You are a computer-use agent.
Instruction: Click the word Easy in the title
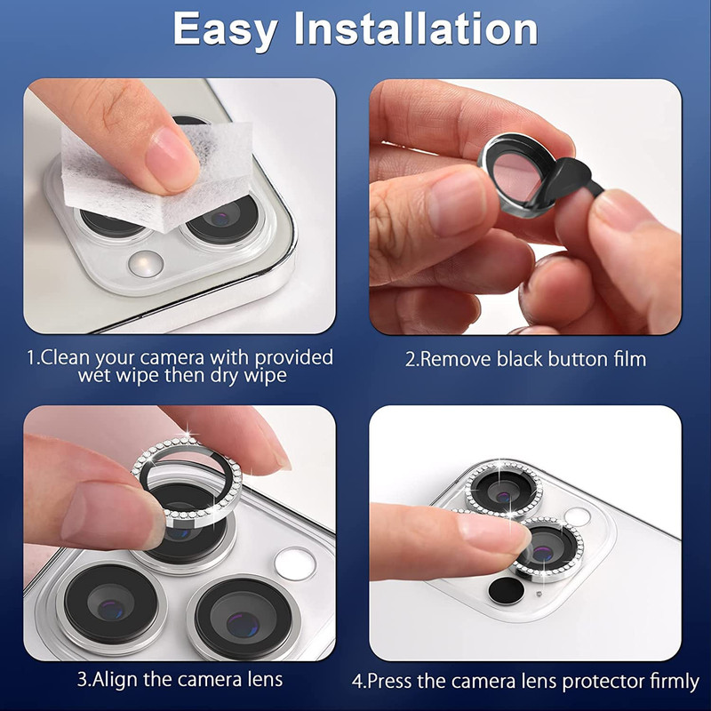pos(226,30)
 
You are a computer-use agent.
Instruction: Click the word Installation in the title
pos(416,28)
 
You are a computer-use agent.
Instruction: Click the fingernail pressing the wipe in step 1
pos(173,159)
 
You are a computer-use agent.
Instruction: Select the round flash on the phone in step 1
pos(146,263)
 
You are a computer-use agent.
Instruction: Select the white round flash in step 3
pos(295,563)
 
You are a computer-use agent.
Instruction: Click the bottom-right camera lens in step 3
pos(244,618)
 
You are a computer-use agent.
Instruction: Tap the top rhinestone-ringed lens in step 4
pos(504,490)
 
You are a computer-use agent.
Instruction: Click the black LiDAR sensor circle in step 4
pos(506,590)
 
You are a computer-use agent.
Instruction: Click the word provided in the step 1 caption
pos(294,358)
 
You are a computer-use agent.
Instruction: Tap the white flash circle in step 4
pos(577,517)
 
